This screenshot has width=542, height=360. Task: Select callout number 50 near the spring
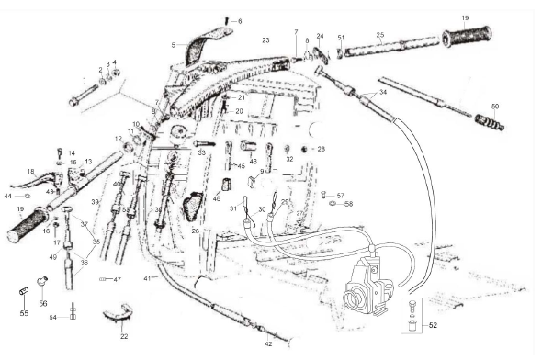495,107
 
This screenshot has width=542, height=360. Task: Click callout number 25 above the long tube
379,36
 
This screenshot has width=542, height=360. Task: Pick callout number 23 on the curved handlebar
265,40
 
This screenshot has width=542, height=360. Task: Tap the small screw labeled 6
227,20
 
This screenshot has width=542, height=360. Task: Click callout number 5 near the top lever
173,44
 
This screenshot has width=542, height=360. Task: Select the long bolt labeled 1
77,95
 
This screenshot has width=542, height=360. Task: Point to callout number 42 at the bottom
268,344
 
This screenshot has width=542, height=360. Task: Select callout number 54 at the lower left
52,317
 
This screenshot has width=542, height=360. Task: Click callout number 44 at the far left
7,196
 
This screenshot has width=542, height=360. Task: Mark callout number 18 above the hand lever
30,171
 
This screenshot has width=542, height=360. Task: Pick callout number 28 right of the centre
322,149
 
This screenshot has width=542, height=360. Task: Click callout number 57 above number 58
340,196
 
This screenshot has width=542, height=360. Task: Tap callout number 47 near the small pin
118,279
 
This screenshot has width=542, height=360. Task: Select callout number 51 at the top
341,38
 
